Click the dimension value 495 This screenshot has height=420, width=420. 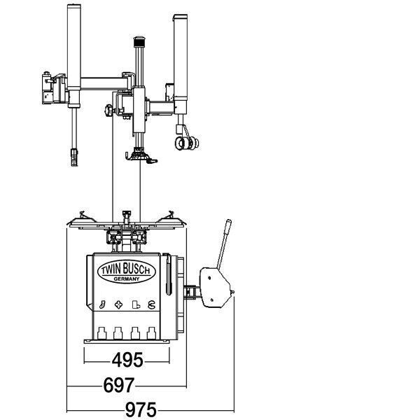point(127,360)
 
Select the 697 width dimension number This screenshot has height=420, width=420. point(119,385)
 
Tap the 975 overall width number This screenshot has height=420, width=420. point(141,409)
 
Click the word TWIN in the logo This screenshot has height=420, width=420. point(111,269)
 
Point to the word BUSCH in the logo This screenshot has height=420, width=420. point(137,269)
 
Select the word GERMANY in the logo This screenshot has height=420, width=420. point(127,279)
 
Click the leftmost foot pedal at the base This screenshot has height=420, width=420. point(101,333)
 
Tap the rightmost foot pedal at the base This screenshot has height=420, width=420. point(152,333)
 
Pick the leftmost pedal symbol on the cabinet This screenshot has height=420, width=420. point(102,304)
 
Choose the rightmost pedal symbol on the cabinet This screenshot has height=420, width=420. point(152,304)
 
